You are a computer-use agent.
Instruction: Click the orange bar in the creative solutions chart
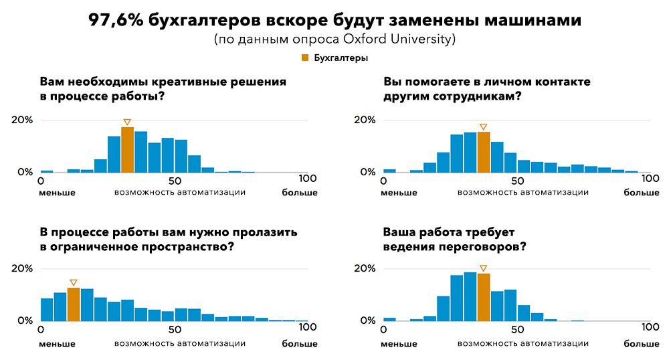(x=127, y=150)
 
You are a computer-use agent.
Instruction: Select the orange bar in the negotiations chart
(x=484, y=297)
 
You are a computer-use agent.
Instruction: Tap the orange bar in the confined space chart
(x=74, y=304)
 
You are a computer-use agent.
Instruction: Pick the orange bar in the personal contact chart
(x=484, y=152)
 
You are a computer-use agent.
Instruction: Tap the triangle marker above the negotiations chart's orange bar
(x=484, y=268)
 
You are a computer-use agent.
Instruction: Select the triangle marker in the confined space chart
(x=74, y=282)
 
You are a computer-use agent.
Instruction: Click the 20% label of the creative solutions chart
(x=21, y=120)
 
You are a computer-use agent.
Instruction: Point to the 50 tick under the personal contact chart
(x=517, y=181)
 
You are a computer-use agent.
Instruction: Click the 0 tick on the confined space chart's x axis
(x=41, y=329)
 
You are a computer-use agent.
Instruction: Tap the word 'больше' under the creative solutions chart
(x=300, y=193)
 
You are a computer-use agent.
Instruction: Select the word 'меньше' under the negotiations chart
(x=400, y=343)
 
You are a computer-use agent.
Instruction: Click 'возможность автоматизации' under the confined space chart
(x=180, y=343)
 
